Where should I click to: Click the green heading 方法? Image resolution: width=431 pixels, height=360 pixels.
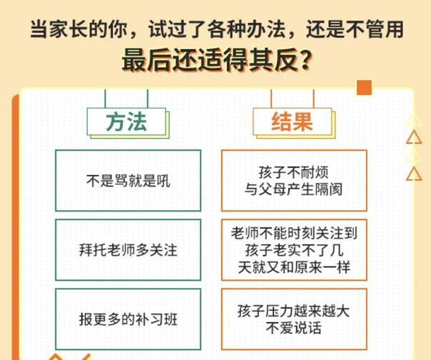[x=126, y=122]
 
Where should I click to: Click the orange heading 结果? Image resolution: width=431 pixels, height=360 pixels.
[x=292, y=122]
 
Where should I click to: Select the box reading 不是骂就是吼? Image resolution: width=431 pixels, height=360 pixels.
[x=128, y=181]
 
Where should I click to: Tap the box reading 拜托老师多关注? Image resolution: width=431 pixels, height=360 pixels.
[x=128, y=250]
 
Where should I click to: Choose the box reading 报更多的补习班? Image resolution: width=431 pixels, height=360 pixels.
[x=128, y=319]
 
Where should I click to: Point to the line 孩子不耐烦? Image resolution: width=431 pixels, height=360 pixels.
[x=294, y=172]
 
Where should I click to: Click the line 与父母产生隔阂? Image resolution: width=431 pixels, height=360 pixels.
[x=294, y=189]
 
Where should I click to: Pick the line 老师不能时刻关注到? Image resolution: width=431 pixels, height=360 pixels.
[x=294, y=233]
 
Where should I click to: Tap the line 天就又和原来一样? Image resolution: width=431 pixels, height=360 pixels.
[x=294, y=267]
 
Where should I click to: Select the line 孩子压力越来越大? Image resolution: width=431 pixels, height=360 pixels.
[x=294, y=311]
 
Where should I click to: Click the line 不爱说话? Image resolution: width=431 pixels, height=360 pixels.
[x=294, y=328]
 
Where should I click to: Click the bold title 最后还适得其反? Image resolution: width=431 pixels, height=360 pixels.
[x=217, y=60]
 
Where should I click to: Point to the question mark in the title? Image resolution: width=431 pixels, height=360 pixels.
[x=305, y=60]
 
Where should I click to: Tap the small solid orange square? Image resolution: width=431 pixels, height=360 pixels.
[x=364, y=87]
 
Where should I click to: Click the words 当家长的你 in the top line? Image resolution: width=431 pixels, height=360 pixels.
[x=79, y=29]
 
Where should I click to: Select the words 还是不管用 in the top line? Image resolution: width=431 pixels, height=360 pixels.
[x=355, y=29]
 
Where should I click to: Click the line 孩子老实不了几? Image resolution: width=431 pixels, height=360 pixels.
[x=294, y=250]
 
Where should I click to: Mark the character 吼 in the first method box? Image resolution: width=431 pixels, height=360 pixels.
[x=163, y=181]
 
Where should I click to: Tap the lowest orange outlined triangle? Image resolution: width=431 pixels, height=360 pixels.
[x=414, y=174]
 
